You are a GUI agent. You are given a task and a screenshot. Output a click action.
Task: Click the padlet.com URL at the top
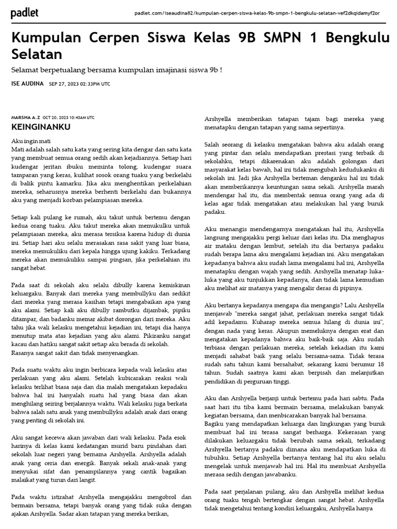tap(257, 12)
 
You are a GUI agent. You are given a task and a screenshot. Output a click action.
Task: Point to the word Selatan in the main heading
tap(37, 54)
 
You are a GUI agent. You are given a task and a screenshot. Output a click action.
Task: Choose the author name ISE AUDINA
tap(27, 84)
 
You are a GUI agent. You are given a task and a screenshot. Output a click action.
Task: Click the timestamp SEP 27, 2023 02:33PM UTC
tap(80, 84)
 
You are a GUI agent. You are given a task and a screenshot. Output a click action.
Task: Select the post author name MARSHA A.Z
tap(25, 118)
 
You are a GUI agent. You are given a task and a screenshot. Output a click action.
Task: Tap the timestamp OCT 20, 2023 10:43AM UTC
tap(69, 118)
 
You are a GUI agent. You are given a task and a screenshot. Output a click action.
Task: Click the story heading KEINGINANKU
tap(41, 127)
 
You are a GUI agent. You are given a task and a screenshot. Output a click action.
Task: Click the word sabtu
tap(363, 399)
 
